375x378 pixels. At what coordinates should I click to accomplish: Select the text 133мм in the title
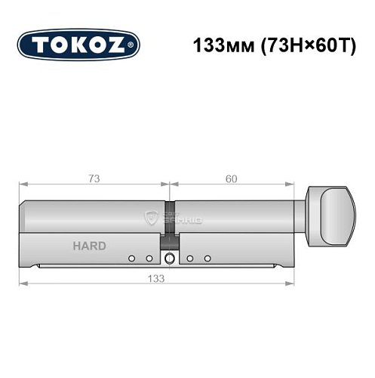coord(217,45)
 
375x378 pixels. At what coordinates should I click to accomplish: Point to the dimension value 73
coord(94,178)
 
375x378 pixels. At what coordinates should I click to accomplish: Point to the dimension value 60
coord(231,178)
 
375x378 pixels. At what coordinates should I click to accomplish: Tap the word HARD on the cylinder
coord(90,246)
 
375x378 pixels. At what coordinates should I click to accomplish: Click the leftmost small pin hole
coord(131,259)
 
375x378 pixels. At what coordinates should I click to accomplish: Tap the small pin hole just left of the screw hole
coord(149,259)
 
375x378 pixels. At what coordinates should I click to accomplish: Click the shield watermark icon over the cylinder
coord(153,218)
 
